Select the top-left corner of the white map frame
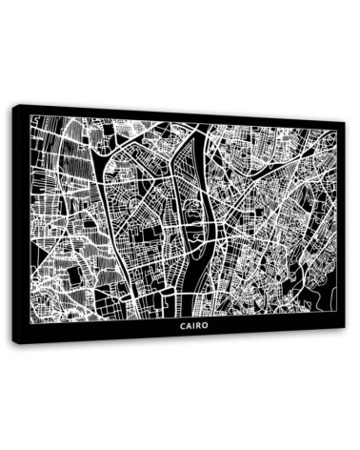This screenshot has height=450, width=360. [30, 116]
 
